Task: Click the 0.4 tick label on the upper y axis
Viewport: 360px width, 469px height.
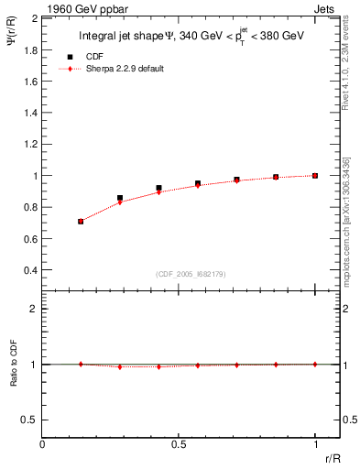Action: (x=29, y=270)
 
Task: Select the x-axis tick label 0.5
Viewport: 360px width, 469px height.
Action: (x=178, y=445)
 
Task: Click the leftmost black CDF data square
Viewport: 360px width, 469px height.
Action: (x=81, y=221)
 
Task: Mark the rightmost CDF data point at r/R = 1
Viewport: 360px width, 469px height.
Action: (x=315, y=175)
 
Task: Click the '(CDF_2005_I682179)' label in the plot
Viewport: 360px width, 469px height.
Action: (x=191, y=274)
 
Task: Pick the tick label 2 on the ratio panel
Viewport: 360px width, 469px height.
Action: (x=33, y=310)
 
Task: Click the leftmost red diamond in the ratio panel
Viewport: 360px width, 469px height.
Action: (x=81, y=364)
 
